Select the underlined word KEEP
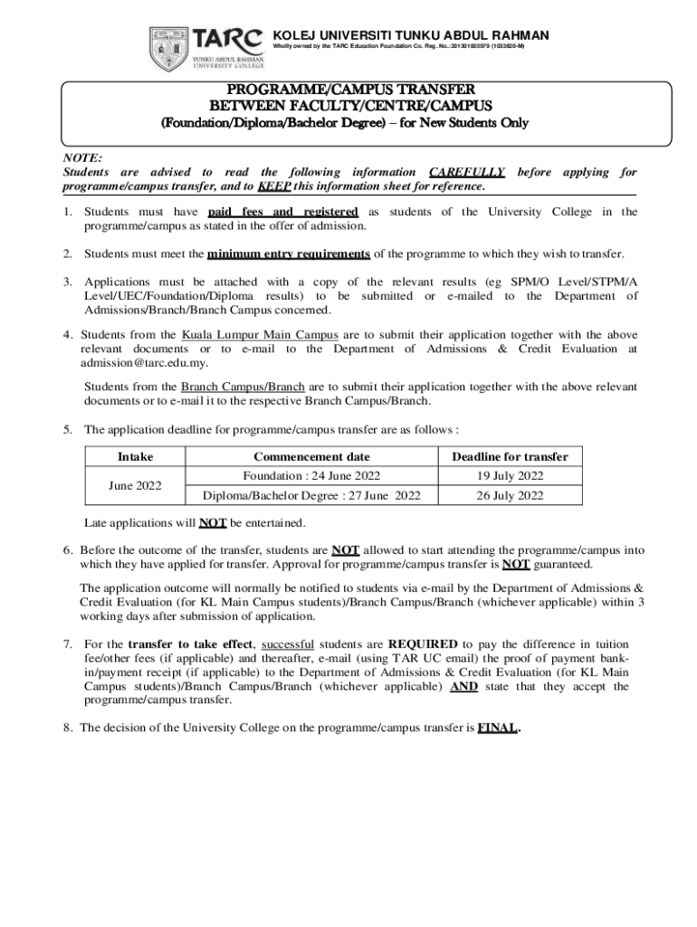click(x=273, y=186)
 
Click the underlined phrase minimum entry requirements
click(x=288, y=253)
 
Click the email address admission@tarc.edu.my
click(x=145, y=363)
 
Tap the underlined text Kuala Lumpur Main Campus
click(x=247, y=334)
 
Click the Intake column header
click(x=136, y=456)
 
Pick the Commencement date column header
click(x=311, y=456)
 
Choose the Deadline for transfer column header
click(x=510, y=456)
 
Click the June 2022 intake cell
click(x=136, y=485)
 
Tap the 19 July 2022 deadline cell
click(x=510, y=475)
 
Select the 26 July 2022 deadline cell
click(x=510, y=495)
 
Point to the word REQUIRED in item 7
click(x=423, y=644)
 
